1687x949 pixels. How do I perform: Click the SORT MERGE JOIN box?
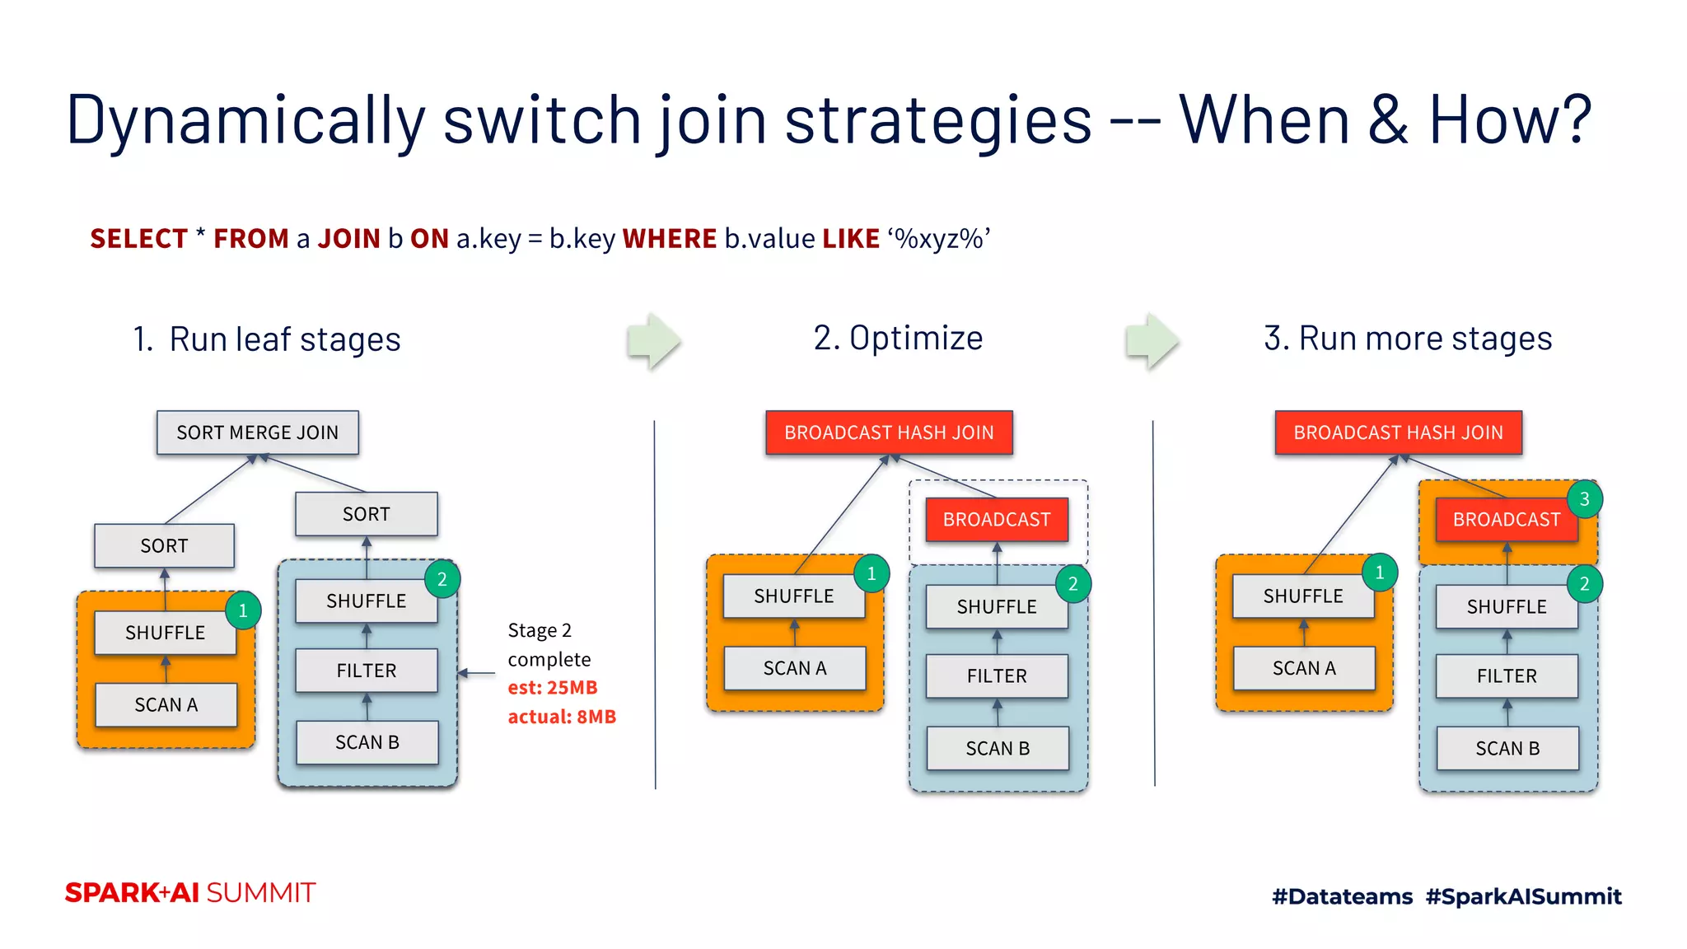pyautogui.click(x=257, y=432)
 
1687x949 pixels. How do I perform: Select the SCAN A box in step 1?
pyautogui.click(x=166, y=705)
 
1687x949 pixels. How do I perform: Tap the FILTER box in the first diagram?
pyautogui.click(x=366, y=671)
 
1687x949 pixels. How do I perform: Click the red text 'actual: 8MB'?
pyautogui.click(x=562, y=717)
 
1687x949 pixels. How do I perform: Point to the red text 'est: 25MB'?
pyautogui.click(x=553, y=687)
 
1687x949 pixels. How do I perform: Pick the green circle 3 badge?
pyautogui.click(x=1583, y=499)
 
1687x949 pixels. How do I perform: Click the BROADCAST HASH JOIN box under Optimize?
pyautogui.click(x=889, y=432)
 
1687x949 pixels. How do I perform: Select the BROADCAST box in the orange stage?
pyautogui.click(x=1506, y=520)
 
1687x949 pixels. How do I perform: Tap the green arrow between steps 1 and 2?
pyautogui.click(x=653, y=340)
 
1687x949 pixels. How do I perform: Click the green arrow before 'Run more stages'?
pyautogui.click(x=1152, y=340)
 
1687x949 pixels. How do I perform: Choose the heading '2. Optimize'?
pyautogui.click(x=898, y=338)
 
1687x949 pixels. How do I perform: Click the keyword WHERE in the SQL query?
pyautogui.click(x=669, y=239)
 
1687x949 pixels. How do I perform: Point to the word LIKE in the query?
pyautogui.click(x=850, y=239)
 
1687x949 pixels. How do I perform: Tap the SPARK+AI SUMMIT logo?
pyautogui.click(x=190, y=893)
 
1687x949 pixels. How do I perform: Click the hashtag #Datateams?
pyautogui.click(x=1342, y=896)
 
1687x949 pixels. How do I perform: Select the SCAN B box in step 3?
pyautogui.click(x=1507, y=748)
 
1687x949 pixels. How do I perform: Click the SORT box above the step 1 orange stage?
pyautogui.click(x=164, y=545)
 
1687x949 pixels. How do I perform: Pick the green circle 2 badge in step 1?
pyautogui.click(x=442, y=579)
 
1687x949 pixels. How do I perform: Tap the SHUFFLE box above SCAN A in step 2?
pyautogui.click(x=793, y=596)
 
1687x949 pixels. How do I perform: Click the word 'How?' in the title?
pyautogui.click(x=1509, y=119)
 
